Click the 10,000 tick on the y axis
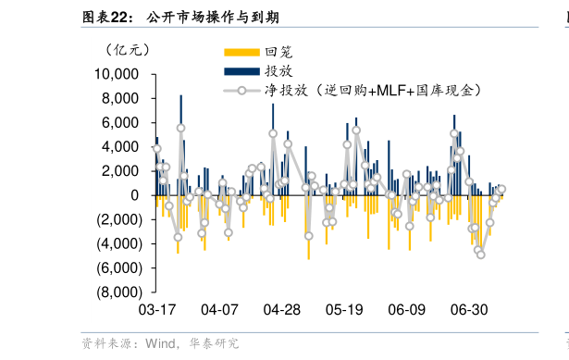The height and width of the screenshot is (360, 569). coord(116,74)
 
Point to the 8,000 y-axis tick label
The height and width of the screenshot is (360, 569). coord(120,98)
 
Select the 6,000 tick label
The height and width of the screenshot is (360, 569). coord(120,122)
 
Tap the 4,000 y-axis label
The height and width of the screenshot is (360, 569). coord(120,146)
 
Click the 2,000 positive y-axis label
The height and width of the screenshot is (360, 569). coord(120,171)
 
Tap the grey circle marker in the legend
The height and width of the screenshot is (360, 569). coord(242,91)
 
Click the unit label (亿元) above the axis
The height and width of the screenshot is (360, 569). coord(127,49)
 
